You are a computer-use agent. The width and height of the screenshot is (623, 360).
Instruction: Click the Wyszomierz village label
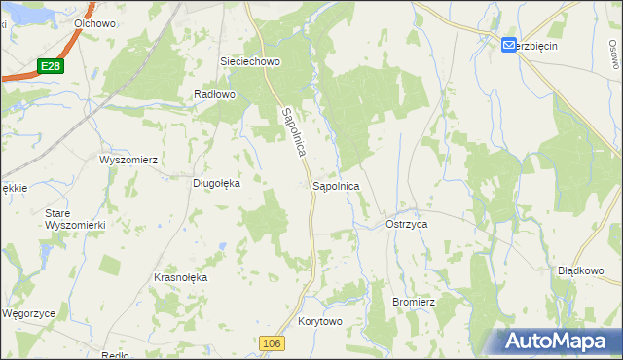click(128, 159)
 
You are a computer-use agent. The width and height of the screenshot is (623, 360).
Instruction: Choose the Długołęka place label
click(217, 180)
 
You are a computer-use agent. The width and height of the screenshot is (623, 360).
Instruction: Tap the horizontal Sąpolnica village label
click(336, 185)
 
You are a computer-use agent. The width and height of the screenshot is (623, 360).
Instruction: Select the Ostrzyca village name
click(407, 224)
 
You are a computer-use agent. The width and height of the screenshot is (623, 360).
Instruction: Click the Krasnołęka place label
click(181, 277)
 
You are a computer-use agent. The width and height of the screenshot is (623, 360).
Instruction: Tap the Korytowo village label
click(321, 321)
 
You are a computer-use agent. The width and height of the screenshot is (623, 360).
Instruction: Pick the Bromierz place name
click(413, 302)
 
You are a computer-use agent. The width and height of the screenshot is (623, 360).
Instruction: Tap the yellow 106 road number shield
click(273, 343)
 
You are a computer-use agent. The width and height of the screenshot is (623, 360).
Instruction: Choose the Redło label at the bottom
click(115, 355)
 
